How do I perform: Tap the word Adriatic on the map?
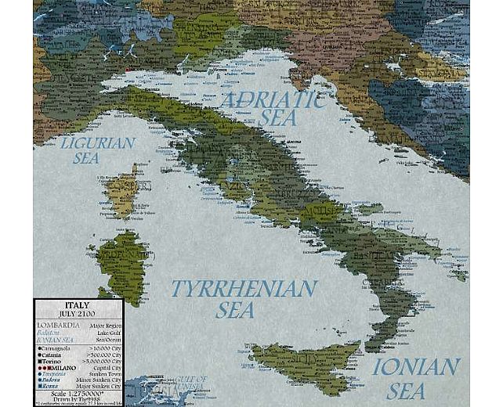(x=272, y=99)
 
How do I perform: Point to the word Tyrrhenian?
(x=244, y=288)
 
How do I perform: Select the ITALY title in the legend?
(x=77, y=304)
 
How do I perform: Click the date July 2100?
(x=77, y=314)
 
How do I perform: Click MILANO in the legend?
(x=63, y=369)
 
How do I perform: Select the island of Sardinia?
(x=122, y=262)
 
